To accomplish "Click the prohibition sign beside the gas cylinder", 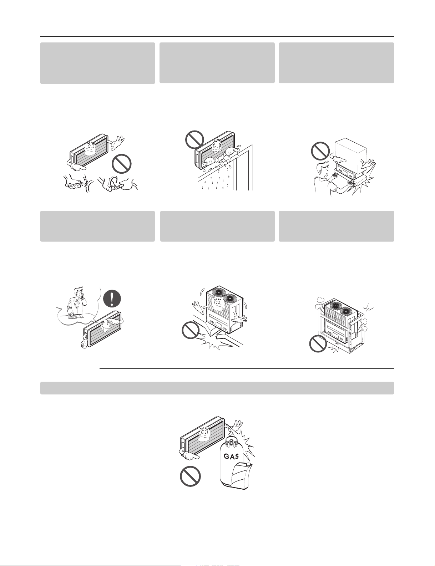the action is (x=190, y=476).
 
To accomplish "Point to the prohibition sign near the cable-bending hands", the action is (x=121, y=164).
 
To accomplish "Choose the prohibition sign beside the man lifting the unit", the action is (x=320, y=151).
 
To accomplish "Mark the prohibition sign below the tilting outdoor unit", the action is (x=191, y=330).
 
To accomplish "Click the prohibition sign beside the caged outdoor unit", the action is (x=318, y=344).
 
